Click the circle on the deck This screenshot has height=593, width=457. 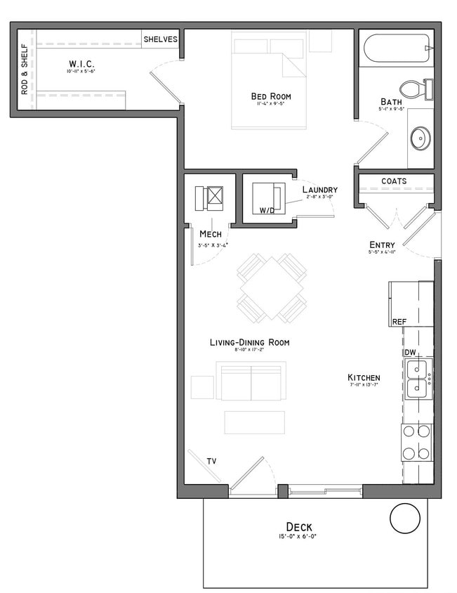pos(404,521)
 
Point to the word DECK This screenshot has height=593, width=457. pos(299,527)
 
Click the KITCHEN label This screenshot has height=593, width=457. pos(364,377)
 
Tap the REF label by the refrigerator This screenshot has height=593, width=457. pos(399,322)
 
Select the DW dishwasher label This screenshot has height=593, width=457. pos(410,352)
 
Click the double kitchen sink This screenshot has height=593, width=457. pos(418,377)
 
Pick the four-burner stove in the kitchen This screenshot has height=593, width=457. pos(417,443)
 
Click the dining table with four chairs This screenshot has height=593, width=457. pos(272,288)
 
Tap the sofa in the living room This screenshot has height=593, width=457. pos(251,382)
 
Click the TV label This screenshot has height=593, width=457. pos(211,462)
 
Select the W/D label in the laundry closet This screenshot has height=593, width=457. pos(267,210)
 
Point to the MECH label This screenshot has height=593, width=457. pos(211,233)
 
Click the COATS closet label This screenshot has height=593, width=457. pos(394,181)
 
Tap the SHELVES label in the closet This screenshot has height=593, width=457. pos(161,39)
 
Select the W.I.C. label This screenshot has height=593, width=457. pos(81,64)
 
